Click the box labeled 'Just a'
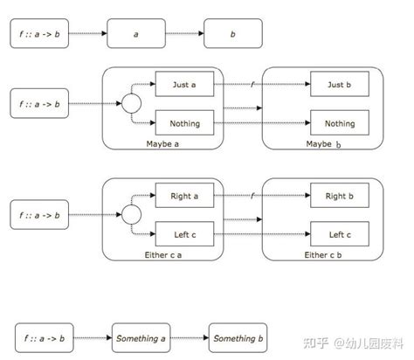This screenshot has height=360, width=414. coord(183,85)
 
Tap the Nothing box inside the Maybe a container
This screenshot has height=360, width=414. coord(183,123)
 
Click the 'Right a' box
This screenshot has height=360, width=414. coord(183,196)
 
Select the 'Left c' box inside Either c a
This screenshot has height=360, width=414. coord(183,234)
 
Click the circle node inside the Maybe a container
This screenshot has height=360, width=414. coord(131,105)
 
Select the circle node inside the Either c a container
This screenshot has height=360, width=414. coord(131,215)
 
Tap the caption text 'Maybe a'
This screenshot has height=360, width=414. coord(163,142)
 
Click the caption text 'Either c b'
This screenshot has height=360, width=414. coord(324,254)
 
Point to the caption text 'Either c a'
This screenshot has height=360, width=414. coord(163,254)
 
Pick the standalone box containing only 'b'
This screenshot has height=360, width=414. coord(233,33)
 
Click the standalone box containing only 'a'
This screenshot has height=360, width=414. coord(136,33)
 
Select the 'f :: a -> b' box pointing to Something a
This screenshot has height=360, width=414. coord(43,337)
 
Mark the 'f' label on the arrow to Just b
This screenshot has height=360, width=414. coord(252,83)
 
